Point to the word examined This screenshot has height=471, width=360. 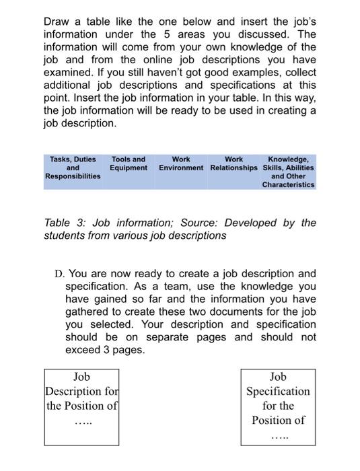pyautogui.click(x=71, y=86)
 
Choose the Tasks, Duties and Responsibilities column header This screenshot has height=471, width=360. pyautogui.click(x=73, y=168)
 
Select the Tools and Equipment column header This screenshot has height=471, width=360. pyautogui.click(x=129, y=164)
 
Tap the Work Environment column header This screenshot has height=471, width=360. pyautogui.click(x=180, y=164)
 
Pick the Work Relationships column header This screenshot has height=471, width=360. pyautogui.click(x=233, y=164)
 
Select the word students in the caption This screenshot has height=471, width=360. pyautogui.click(x=65, y=235)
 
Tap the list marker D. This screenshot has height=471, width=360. pyautogui.click(x=59, y=274)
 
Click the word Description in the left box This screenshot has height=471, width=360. pyautogui.click(x=75, y=392)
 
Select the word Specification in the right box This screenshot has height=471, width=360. pyautogui.click(x=278, y=392)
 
